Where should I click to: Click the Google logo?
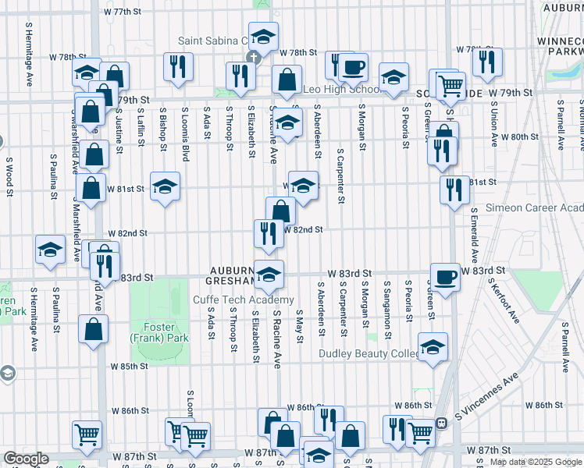coord(27,459)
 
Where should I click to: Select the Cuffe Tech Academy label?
coord(244,300)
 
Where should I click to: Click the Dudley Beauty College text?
coord(369,354)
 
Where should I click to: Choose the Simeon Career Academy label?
coord(535,207)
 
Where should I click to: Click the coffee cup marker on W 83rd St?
coord(444,277)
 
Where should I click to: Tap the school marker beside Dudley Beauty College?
coord(433,347)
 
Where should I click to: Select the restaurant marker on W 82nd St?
coord(268,233)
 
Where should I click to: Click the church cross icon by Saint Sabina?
coord(252,58)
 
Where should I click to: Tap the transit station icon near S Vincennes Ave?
coord(441,423)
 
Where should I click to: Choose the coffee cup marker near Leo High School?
coord(353,68)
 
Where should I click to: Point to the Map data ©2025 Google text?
coord(536,462)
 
